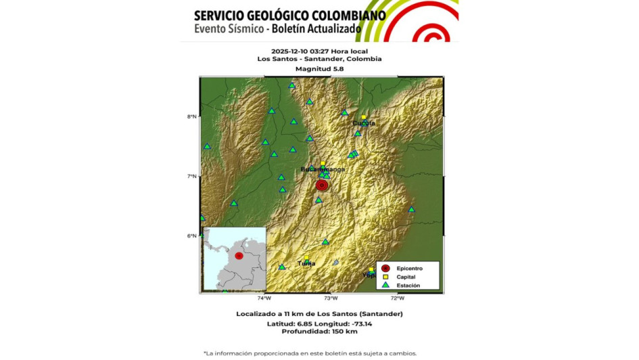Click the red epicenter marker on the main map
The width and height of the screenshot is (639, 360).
point(322,185)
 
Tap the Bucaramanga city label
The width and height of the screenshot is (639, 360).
point(323,169)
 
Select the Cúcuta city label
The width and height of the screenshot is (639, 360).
point(364,123)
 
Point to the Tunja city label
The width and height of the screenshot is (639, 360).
point(306,263)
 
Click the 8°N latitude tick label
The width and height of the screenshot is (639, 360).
point(191,116)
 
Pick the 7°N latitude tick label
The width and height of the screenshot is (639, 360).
point(191,176)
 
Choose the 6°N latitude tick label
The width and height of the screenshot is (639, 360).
point(191,235)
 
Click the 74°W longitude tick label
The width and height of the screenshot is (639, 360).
point(264,298)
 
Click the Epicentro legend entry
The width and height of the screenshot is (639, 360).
point(409,269)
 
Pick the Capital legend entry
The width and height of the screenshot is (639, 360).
point(406,277)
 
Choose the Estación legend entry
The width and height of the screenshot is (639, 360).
point(408,286)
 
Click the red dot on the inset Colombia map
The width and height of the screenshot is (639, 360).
point(239,256)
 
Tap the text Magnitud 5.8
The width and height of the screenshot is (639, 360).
point(319,68)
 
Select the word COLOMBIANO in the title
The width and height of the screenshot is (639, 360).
point(344,15)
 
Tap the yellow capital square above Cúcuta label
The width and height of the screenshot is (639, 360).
point(364,117)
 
